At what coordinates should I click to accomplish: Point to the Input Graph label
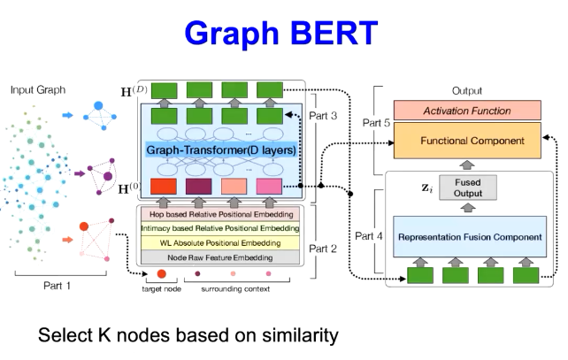point(36,90)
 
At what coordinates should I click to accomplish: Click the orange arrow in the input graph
point(67,239)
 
